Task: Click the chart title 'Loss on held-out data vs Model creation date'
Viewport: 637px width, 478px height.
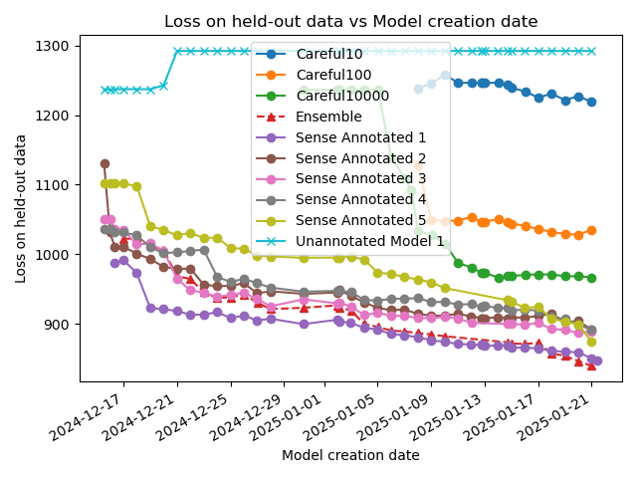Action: point(350,21)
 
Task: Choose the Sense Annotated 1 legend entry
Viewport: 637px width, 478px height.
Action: point(360,137)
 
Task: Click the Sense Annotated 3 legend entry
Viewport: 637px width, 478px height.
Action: point(360,179)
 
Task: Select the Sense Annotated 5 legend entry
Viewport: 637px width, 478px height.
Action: point(360,221)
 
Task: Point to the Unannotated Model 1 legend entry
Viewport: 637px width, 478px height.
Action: point(369,242)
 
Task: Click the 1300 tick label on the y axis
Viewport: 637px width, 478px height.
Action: point(54,46)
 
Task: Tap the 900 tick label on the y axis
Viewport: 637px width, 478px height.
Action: point(58,324)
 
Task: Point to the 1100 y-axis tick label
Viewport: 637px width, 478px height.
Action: point(54,185)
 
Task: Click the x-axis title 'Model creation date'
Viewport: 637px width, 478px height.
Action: point(350,455)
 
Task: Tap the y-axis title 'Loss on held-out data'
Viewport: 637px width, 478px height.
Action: point(21,208)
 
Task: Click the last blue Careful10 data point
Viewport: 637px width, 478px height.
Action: point(591,102)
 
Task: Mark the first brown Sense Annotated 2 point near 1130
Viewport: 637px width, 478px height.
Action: point(105,163)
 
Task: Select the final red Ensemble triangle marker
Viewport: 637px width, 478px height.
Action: point(591,365)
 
